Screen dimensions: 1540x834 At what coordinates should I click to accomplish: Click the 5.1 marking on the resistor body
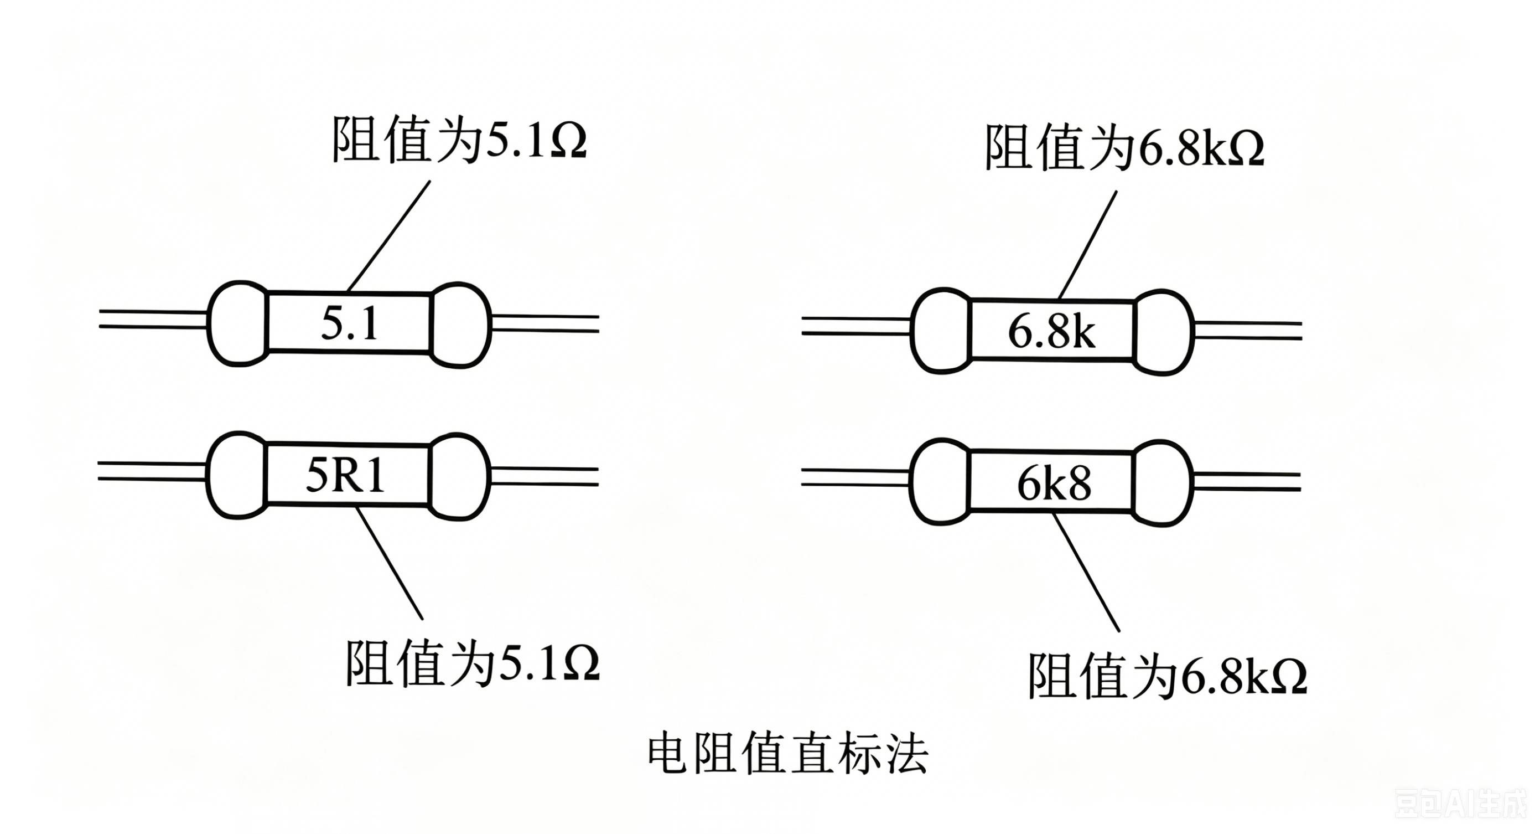tap(350, 323)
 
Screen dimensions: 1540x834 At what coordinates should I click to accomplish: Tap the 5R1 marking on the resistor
tap(345, 477)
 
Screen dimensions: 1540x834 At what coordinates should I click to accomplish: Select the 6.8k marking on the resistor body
tap(1051, 332)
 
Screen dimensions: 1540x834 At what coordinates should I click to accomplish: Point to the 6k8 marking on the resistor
tap(1054, 484)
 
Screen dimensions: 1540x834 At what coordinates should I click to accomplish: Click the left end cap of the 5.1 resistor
tap(238, 323)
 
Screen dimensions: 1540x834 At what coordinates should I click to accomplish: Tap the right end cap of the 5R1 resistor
tap(459, 476)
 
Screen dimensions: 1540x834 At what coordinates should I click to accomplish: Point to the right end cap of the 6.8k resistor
tap(1163, 332)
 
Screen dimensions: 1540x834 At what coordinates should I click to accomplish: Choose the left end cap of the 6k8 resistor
tap(940, 482)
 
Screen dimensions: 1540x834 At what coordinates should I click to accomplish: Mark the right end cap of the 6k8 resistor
tap(1163, 483)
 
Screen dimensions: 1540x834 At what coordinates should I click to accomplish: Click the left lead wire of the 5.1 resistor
tap(153, 320)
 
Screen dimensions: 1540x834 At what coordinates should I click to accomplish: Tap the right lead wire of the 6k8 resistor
tap(1247, 482)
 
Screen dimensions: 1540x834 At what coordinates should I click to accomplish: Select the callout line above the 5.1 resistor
tap(388, 236)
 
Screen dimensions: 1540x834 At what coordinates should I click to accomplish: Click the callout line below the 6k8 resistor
tap(1086, 572)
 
